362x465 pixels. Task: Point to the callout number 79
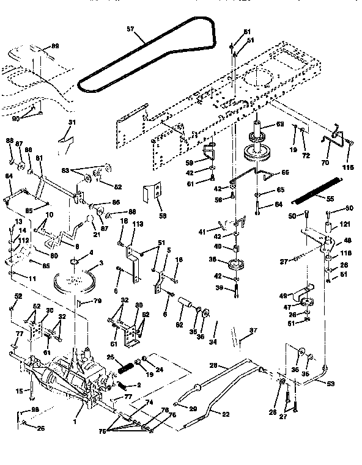click(96, 301)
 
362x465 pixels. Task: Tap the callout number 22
click(225, 415)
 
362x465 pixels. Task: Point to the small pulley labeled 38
click(232, 265)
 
